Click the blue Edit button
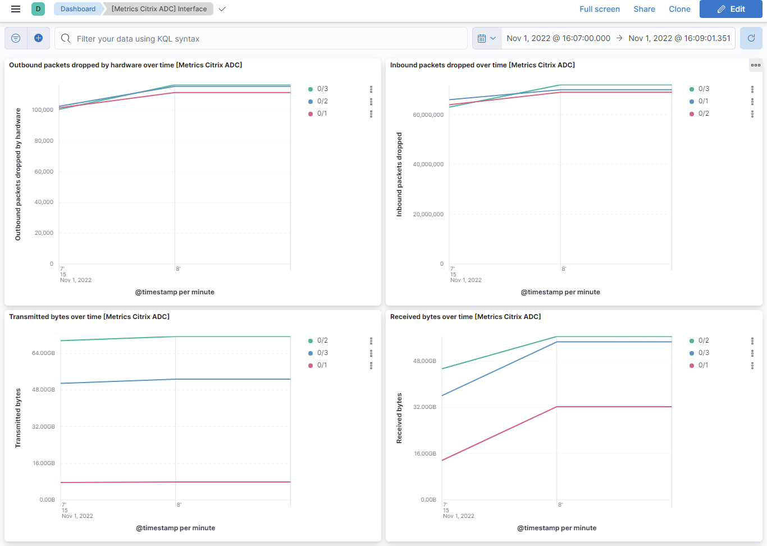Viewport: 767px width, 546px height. pos(731,9)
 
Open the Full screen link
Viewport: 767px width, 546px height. pos(599,9)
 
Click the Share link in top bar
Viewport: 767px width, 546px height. pos(644,9)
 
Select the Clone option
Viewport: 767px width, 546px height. pos(679,9)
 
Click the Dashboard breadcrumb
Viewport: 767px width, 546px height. pos(78,9)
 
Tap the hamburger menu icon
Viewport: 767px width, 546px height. pos(16,9)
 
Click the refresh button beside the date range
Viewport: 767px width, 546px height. pos(751,38)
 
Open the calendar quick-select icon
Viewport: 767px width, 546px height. pos(486,38)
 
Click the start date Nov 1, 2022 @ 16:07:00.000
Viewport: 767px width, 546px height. pos(558,38)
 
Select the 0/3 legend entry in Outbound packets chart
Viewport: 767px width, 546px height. pos(322,89)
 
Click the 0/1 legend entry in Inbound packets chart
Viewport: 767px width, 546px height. pos(703,101)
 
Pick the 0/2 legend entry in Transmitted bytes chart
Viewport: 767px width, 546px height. pos(322,340)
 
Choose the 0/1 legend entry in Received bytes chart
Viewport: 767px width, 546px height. pos(703,365)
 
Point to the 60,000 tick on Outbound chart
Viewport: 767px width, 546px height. pos(44,171)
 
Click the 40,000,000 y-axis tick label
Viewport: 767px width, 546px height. pos(428,165)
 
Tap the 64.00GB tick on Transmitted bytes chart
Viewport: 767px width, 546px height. pos(43,353)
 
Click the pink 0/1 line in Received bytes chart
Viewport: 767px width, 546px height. pos(500,434)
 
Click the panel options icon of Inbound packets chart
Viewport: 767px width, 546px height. pos(755,65)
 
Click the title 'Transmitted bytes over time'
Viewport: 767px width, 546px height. pos(89,317)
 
